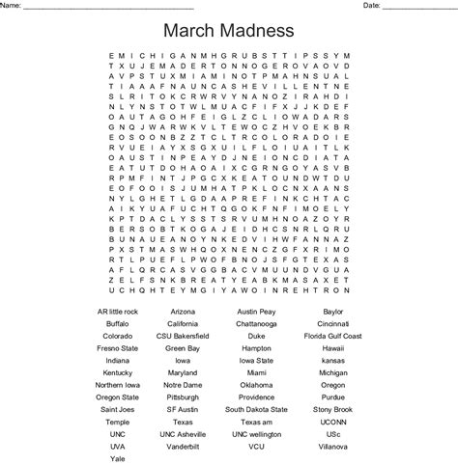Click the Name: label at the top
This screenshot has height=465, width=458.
13,6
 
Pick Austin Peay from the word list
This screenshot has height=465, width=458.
256,313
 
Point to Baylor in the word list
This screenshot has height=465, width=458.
333,313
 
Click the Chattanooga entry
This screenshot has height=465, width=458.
256,324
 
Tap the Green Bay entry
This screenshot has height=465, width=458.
183,348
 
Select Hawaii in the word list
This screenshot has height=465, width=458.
333,348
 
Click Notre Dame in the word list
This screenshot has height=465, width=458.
183,384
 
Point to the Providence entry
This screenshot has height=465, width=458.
256,397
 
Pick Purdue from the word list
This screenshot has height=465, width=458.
333,397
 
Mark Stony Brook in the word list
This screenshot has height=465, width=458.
333,409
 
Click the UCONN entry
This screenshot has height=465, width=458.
333,421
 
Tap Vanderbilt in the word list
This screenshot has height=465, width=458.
183,446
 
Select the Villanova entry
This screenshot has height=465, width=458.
333,446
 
